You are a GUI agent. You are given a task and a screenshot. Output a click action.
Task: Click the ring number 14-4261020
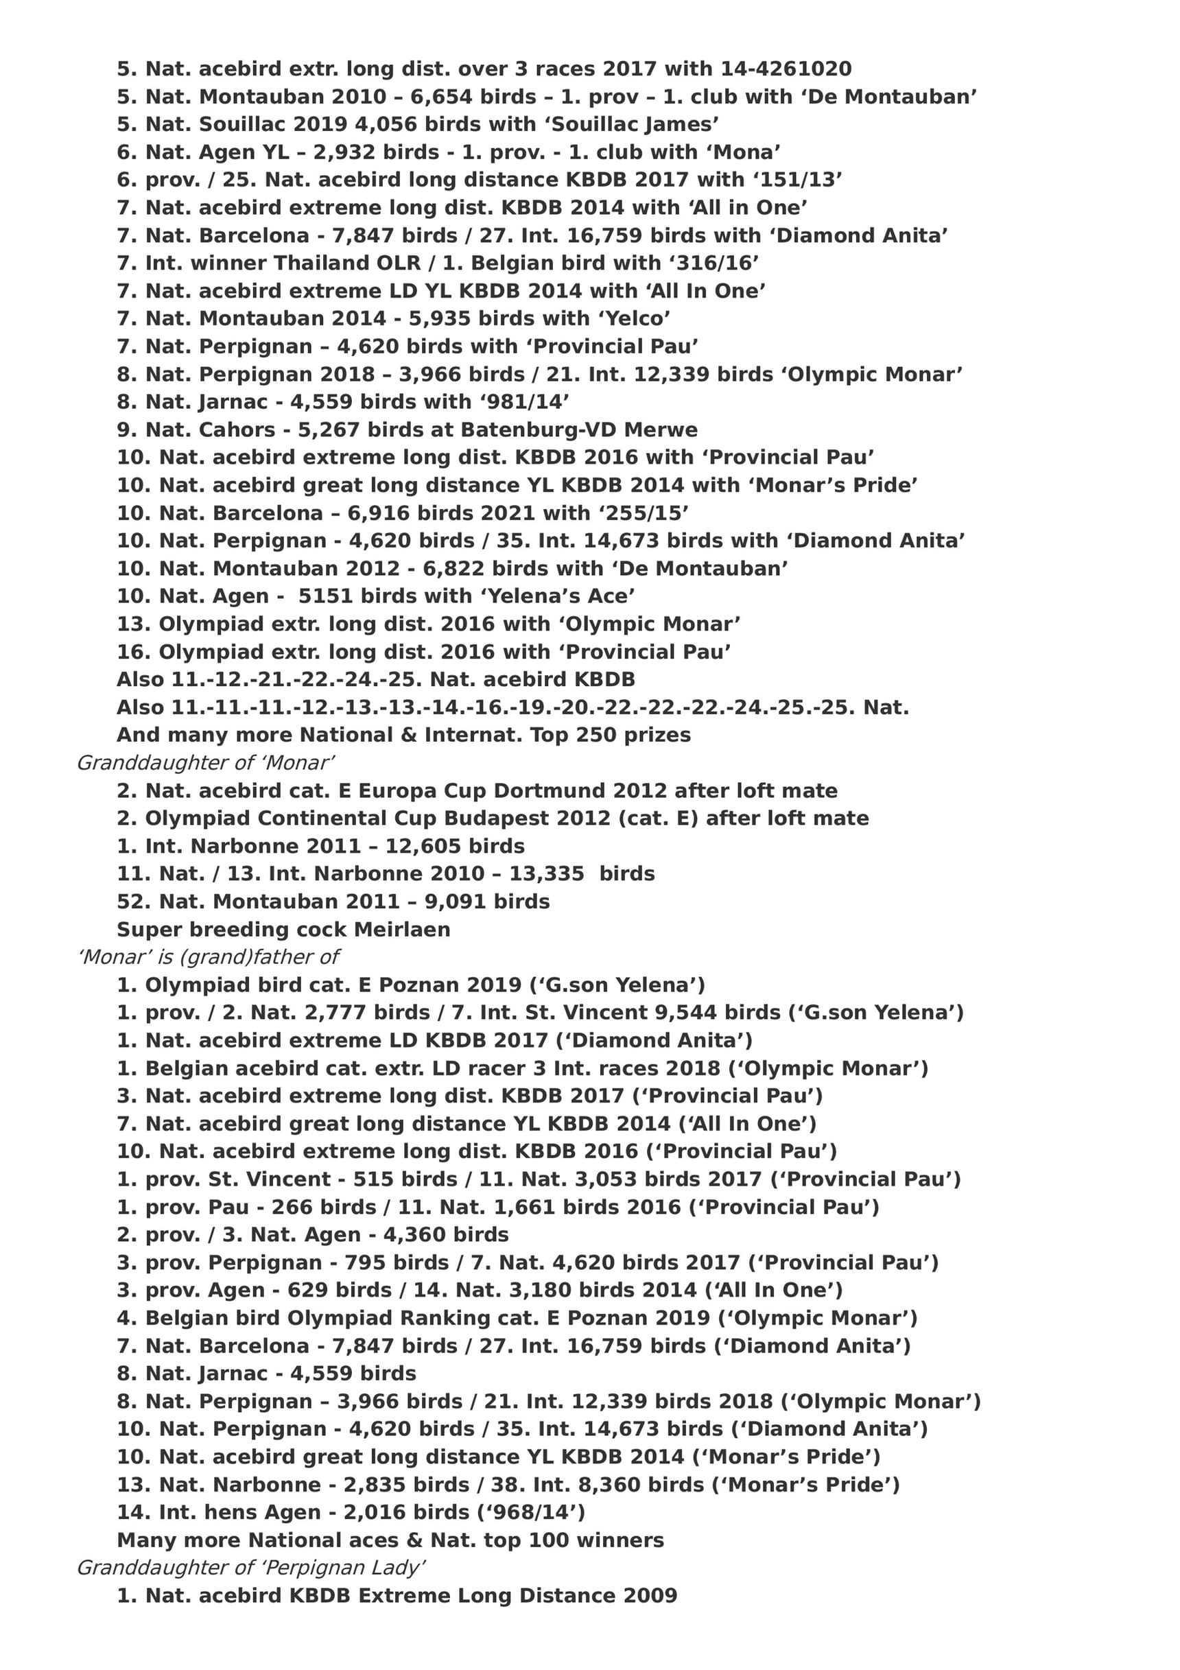[x=786, y=69]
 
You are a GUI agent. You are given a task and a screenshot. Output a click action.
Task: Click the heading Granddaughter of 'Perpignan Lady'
[x=251, y=1568]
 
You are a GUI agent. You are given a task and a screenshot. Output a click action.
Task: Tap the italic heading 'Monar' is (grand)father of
[x=208, y=957]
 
